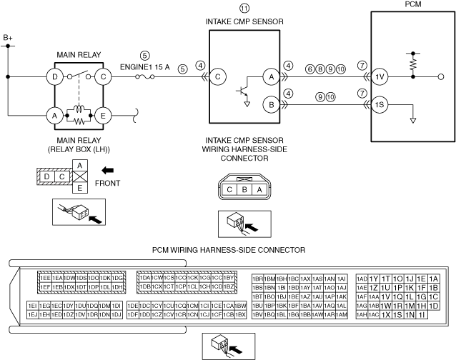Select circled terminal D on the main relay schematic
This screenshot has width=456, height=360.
pyautogui.click(x=54, y=75)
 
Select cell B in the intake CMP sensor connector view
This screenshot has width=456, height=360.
pyautogui.click(x=244, y=190)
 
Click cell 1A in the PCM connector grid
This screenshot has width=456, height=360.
pyautogui.click(x=433, y=279)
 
